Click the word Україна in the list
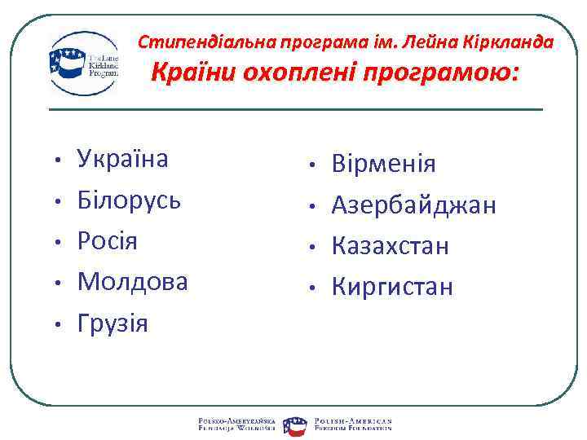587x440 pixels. click(122, 158)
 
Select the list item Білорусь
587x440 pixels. click(129, 200)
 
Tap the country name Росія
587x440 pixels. click(108, 241)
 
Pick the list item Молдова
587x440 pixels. click(132, 282)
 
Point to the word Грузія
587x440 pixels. click(113, 323)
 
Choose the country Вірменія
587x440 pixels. click(383, 165)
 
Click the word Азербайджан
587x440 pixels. click(413, 205)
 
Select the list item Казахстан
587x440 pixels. click(390, 246)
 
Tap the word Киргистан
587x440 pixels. click(392, 287)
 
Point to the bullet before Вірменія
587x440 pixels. click(312, 166)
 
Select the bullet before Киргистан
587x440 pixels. click(312, 288)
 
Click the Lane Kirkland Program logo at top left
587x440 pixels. click(83, 64)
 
